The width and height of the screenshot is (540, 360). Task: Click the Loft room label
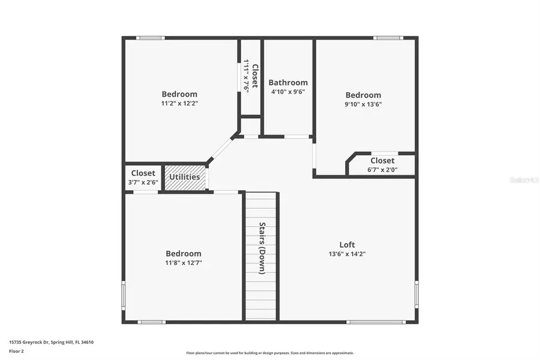pos(347,244)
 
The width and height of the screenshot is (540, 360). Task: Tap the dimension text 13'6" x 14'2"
pos(347,254)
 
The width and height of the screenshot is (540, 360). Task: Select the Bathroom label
pos(288,83)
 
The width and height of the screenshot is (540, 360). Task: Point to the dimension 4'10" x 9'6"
pos(288,92)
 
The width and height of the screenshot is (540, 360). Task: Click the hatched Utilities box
pos(185,178)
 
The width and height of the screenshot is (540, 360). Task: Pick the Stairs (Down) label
pos(262,248)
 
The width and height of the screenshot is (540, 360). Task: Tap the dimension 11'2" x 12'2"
pos(179,103)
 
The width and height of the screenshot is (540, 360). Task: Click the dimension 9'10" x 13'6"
pos(363,104)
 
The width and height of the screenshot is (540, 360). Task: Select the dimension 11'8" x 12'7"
pos(184,263)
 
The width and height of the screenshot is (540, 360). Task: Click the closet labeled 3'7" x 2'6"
pos(143,178)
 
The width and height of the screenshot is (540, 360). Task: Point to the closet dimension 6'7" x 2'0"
pos(382,169)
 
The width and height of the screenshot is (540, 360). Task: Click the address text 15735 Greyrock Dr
pos(51,342)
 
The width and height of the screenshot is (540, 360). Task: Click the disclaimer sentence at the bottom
pos(269,353)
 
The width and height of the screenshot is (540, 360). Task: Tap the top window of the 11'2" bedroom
pos(150,38)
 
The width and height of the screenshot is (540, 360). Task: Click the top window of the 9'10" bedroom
pos(388,38)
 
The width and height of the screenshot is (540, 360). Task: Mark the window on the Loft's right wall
pos(416,295)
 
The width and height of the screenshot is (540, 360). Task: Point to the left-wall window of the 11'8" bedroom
pos(124,295)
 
